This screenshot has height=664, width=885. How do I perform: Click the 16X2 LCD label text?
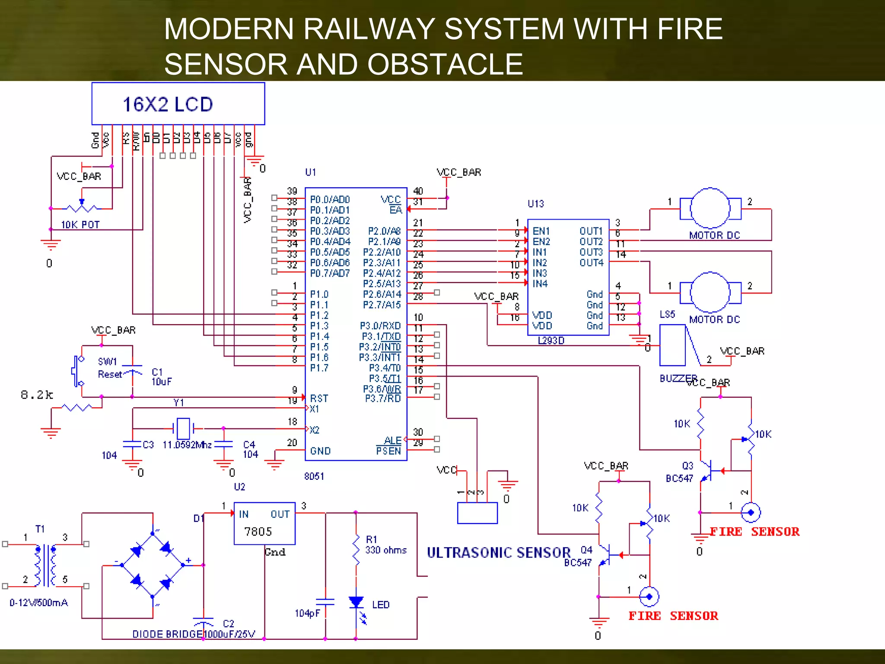click(x=168, y=104)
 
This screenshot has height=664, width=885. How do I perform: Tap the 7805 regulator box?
click(x=264, y=524)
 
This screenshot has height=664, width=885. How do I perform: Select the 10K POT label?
click(x=80, y=225)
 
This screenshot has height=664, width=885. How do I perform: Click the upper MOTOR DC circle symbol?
click(x=710, y=208)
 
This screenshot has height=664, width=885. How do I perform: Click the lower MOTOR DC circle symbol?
click(x=710, y=293)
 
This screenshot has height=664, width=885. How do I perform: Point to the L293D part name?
click(x=551, y=341)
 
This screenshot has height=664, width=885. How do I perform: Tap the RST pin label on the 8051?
click(x=319, y=398)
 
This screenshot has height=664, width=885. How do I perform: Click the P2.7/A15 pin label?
click(x=382, y=305)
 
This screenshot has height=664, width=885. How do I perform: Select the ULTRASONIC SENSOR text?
click(x=499, y=552)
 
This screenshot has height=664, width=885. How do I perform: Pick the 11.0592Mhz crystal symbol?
click(x=183, y=428)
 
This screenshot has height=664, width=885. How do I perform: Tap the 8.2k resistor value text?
click(x=37, y=395)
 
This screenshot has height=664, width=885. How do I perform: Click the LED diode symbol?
click(x=356, y=602)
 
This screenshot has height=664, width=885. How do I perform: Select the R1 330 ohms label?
click(x=385, y=545)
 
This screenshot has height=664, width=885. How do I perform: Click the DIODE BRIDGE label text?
click(x=167, y=634)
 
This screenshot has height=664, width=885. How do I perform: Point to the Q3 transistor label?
click(x=688, y=466)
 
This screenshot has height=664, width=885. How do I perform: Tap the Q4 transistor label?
click(x=586, y=550)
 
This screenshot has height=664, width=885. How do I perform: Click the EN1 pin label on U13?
click(x=541, y=231)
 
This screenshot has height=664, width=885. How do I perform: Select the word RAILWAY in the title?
click(x=369, y=29)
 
